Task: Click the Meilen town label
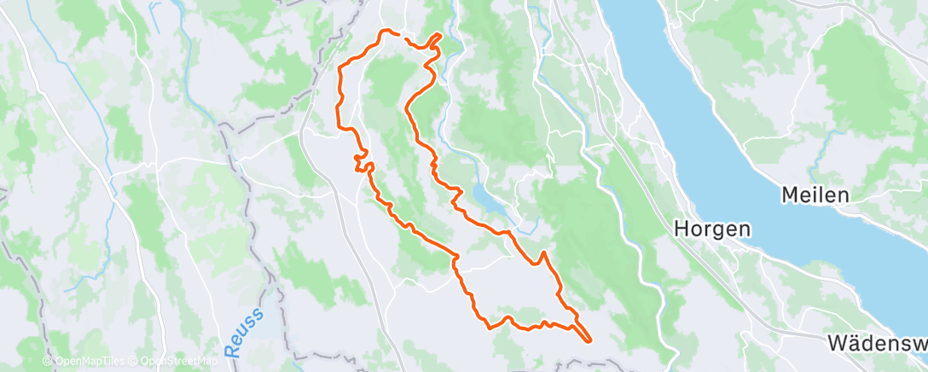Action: click(815, 195)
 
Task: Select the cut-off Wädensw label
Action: click(877, 344)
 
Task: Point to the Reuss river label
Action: click(244, 333)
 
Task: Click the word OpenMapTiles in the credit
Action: click(89, 361)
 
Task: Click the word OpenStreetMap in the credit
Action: click(175, 361)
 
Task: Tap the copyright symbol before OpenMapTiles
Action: click(48, 361)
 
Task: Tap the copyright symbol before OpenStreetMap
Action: click(133, 361)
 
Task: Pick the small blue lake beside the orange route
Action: click(481, 202)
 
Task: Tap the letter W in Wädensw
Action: click(839, 344)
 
